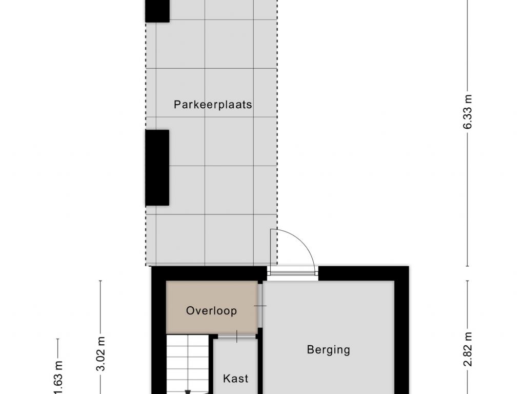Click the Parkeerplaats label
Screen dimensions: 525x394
coord(213,105)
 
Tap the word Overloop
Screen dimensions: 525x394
coord(212,310)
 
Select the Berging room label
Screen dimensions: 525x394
coord(329,350)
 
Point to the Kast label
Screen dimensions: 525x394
coord(236,379)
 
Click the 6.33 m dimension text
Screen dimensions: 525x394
coord(468,111)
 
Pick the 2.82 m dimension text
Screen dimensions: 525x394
coord(468,349)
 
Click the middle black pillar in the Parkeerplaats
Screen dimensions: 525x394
coord(157,168)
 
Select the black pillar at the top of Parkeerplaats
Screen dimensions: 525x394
coord(157,11)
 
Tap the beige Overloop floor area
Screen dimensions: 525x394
coord(212,307)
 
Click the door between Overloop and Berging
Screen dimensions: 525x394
coord(260,306)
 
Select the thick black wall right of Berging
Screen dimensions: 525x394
coord(402,330)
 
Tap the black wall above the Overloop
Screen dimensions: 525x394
coord(209,274)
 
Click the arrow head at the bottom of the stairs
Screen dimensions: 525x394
coord(188,392)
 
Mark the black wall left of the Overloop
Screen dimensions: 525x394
coord(159,330)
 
